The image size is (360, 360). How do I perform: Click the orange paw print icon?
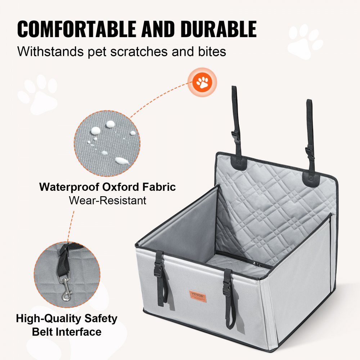(x=204, y=82)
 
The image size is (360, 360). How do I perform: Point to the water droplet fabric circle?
(x=107, y=143)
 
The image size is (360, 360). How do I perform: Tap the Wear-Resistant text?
(x=108, y=200)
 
